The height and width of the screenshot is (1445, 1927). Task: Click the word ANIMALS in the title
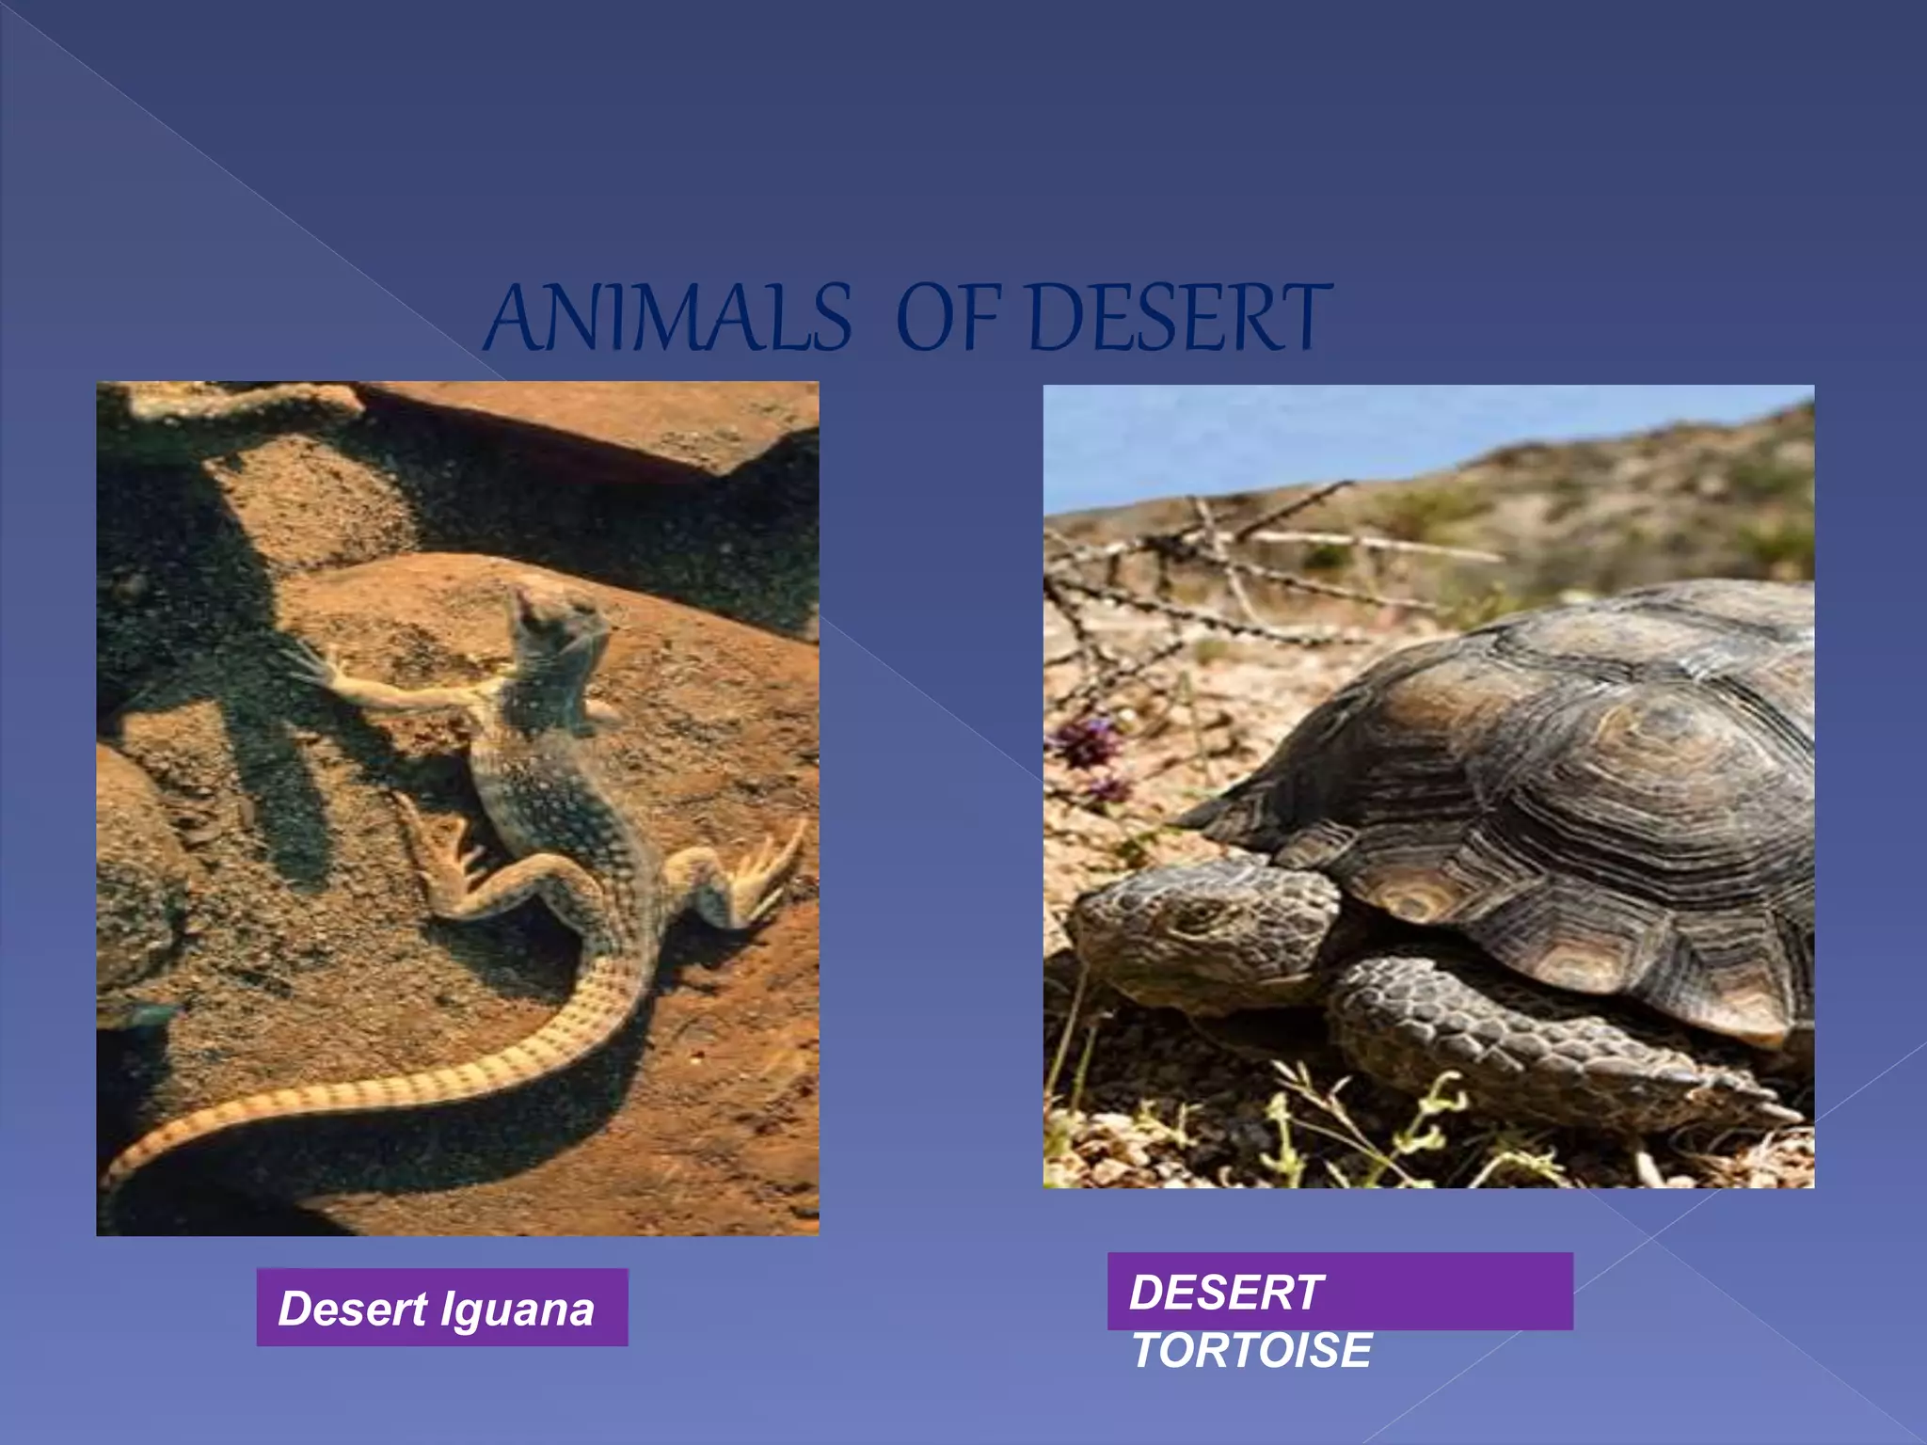(x=670, y=320)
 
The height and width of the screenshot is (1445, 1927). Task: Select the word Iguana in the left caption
(x=517, y=1310)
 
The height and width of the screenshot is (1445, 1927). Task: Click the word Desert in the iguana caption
(x=353, y=1310)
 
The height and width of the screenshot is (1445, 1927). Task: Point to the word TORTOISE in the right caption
(x=1251, y=1351)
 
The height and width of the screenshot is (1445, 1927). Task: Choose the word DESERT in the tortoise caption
(x=1225, y=1293)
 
